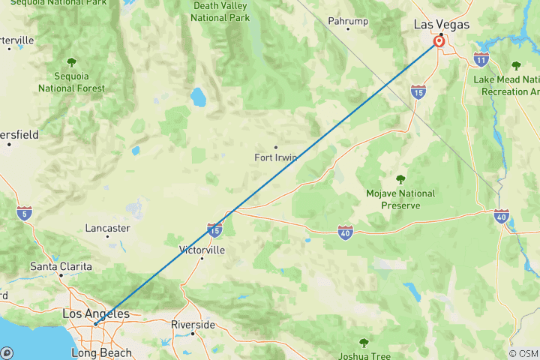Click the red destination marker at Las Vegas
[x=439, y=42]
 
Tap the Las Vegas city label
[x=442, y=25]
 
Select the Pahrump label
[x=347, y=22]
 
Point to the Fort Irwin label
[x=277, y=157]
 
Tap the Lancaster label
[x=108, y=228]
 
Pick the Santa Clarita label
[x=61, y=266]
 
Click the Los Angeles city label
[x=95, y=313]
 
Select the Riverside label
[x=193, y=325]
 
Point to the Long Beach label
[x=101, y=352]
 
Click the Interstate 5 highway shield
[x=25, y=213]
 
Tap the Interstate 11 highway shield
[x=481, y=59]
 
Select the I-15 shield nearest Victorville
[x=215, y=227]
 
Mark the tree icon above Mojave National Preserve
[x=400, y=179]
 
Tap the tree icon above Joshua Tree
[x=364, y=343]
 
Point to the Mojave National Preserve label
[x=400, y=199]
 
